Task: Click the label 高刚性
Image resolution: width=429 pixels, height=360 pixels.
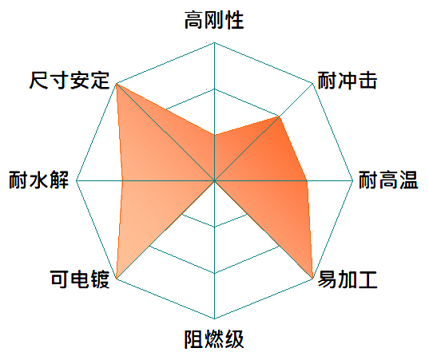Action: pos(214,20)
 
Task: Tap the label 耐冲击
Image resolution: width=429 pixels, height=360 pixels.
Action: pos(348,81)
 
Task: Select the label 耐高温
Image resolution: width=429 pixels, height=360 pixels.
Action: pos(388,180)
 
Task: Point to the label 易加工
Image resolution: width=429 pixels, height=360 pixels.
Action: pos(348,279)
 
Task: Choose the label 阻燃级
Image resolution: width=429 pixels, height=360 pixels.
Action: pos(214,339)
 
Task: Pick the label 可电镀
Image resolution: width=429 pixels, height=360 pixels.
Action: pos(80,279)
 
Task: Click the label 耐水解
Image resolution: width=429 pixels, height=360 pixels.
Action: pos(38,180)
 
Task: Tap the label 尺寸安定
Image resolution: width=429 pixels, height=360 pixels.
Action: pos(70,81)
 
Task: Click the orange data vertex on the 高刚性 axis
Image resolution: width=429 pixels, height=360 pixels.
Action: pos(214,135)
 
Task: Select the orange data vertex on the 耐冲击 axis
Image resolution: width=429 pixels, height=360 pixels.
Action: pos(280,117)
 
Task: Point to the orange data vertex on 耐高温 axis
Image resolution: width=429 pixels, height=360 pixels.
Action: pos(307,180)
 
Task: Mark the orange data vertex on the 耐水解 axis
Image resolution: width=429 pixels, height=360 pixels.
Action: pos(122,180)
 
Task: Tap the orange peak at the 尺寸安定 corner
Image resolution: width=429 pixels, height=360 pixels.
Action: pos(117,83)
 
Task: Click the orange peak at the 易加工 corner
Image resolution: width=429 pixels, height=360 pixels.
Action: pos(312,279)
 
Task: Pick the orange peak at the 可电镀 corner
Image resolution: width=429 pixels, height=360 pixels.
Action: pos(117,279)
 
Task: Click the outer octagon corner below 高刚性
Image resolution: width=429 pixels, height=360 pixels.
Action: pos(214,42)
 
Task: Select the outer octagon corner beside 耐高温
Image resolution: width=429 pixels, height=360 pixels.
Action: pos(353,180)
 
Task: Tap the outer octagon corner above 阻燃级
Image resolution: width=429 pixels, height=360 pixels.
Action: pos(214,319)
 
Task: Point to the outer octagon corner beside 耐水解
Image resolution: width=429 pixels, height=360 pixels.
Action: pos(76,180)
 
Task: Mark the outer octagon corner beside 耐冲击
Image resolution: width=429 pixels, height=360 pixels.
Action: pos(312,83)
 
